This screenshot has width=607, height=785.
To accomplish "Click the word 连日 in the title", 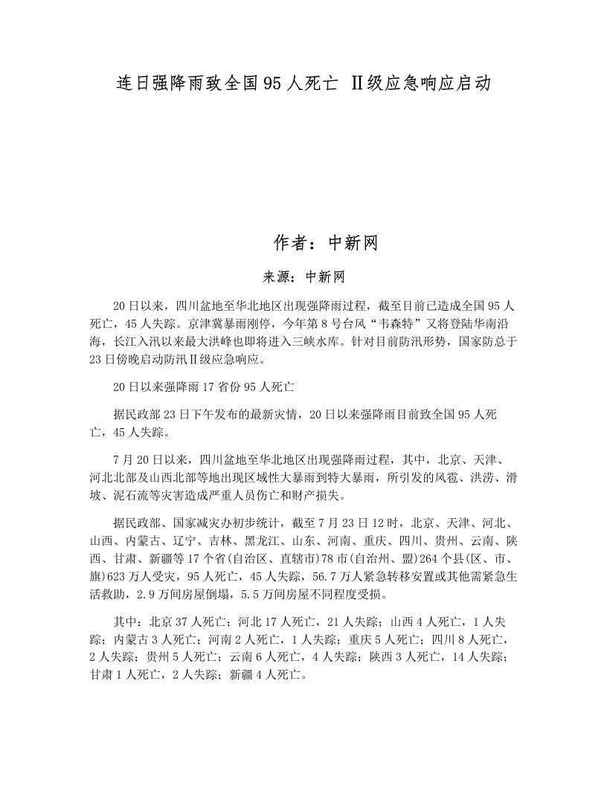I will coord(135,83).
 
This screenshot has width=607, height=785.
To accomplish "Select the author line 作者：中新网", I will coord(327,242).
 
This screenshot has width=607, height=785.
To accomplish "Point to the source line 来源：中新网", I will coord(303,277).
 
